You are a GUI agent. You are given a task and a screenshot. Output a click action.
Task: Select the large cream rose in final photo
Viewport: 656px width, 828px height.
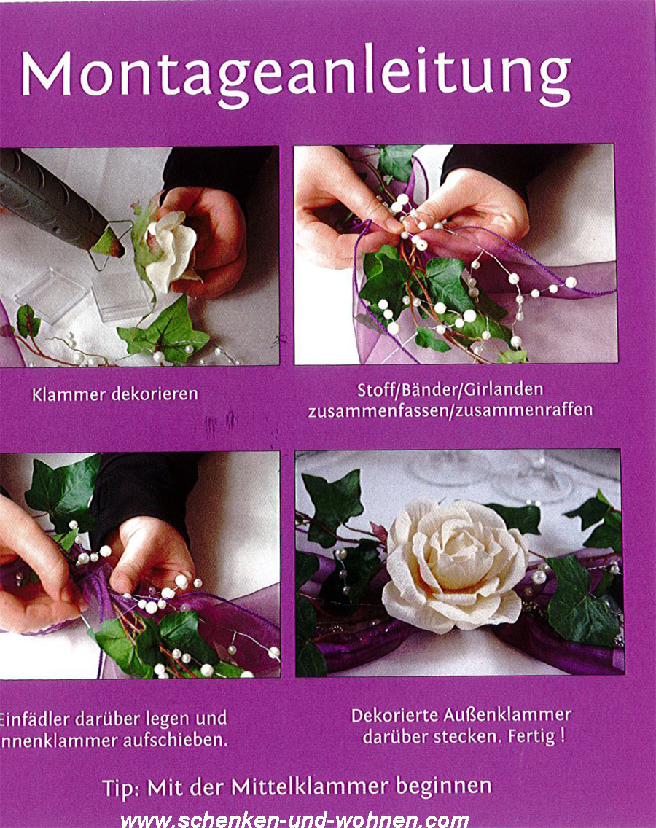pos(456,565)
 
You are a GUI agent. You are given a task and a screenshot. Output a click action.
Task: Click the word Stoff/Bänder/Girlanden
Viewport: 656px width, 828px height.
pos(450,390)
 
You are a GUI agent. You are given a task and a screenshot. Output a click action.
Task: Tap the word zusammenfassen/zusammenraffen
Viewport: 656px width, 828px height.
pos(450,410)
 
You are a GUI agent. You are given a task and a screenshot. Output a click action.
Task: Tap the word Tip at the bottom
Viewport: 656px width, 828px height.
pos(118,787)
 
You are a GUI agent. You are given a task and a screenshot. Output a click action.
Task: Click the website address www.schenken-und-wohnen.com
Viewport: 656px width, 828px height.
pos(294,819)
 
